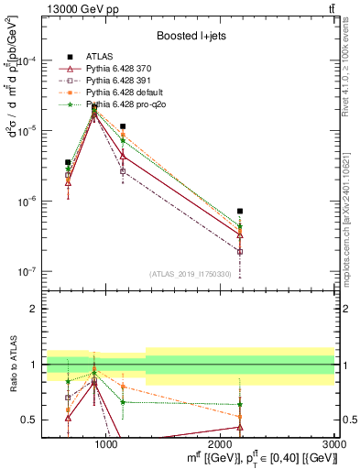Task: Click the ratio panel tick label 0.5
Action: pos(29,420)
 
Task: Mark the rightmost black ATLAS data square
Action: pos(240,211)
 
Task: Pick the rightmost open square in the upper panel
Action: pos(240,251)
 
